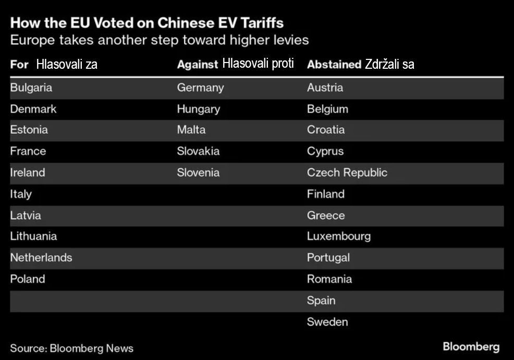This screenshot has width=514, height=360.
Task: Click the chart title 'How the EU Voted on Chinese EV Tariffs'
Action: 147,23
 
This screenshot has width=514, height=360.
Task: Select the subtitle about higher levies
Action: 160,40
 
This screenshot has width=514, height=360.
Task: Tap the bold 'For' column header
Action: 19,65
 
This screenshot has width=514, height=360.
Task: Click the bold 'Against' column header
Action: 197,65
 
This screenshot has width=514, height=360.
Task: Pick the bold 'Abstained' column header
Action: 334,65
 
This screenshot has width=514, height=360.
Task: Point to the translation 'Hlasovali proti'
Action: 258,64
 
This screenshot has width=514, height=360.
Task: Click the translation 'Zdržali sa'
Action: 389,65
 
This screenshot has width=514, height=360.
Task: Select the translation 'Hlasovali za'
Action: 67,65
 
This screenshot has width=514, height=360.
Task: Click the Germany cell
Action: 200,88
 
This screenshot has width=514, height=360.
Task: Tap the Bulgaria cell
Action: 31,88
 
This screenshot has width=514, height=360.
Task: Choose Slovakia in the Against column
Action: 198,152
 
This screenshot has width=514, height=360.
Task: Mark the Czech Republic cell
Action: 347,173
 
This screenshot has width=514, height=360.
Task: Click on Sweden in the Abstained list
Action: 327,322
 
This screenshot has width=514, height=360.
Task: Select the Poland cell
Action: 28,279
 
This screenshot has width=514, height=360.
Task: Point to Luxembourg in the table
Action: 339,237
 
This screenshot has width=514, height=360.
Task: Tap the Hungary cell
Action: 198,109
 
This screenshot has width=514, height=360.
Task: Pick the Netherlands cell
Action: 41,258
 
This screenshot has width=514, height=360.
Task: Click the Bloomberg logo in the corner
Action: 471,347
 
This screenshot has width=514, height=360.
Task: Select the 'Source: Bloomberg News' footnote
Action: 72,349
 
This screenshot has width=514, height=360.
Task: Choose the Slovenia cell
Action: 198,173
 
